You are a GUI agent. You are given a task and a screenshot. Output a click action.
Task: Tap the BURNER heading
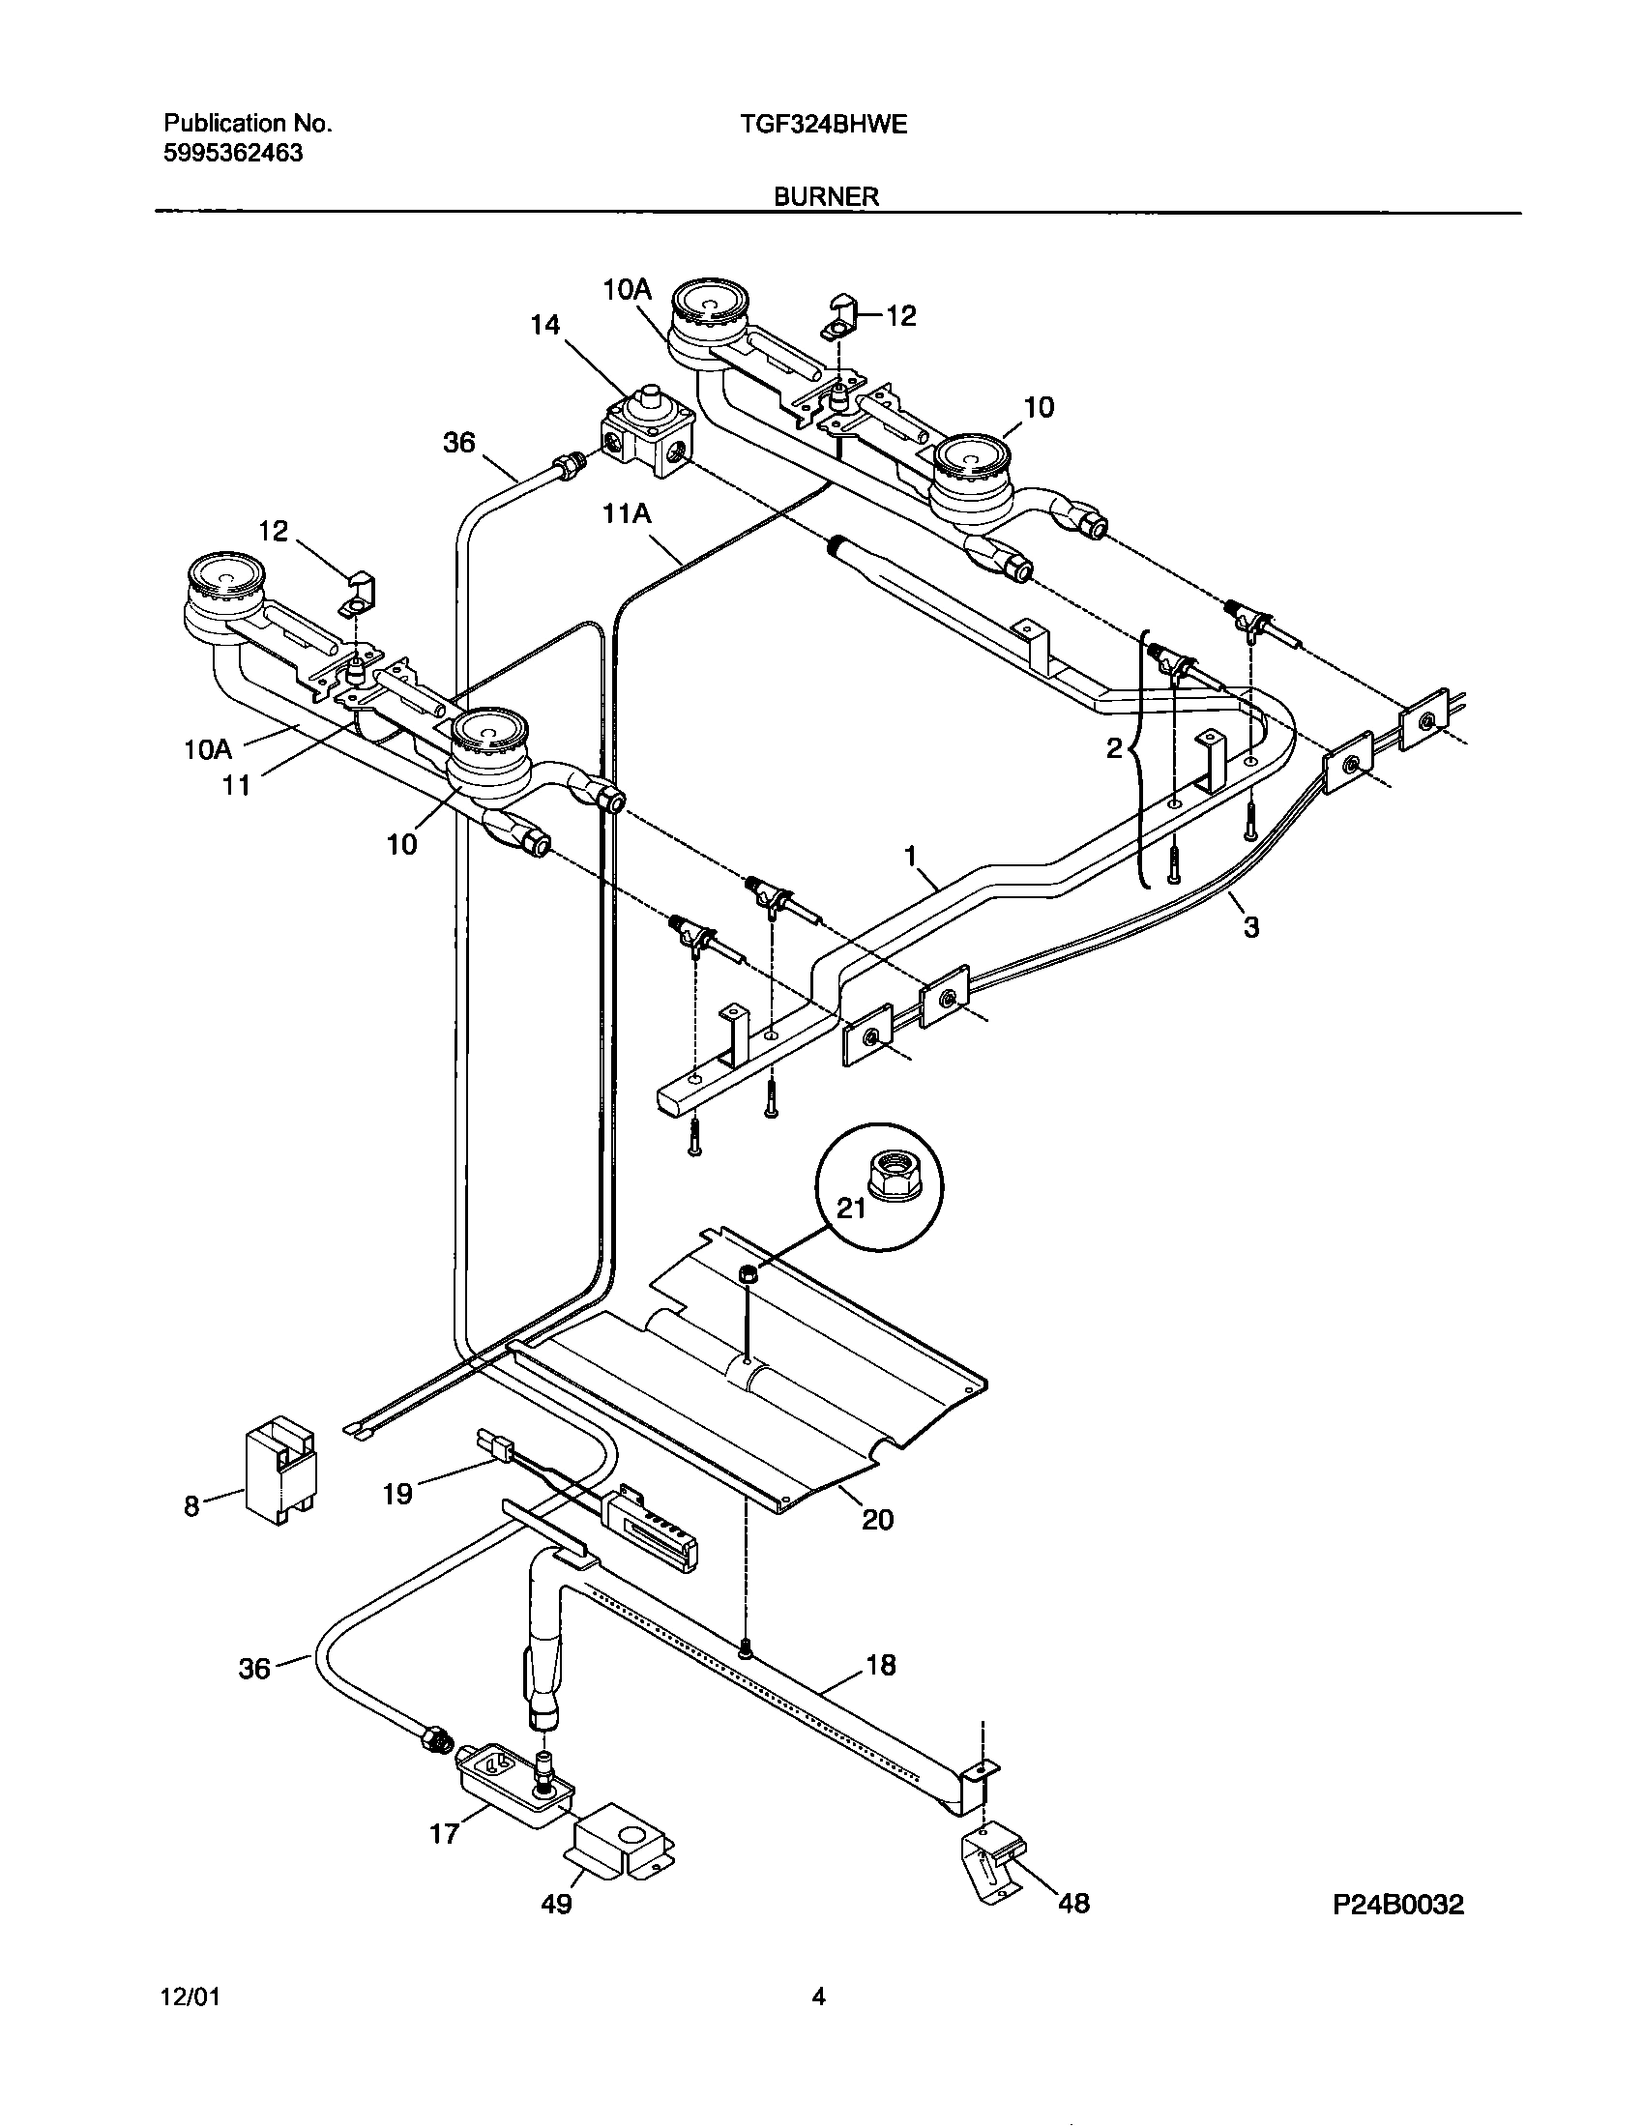point(826,196)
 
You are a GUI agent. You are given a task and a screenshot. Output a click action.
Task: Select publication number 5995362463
point(233,153)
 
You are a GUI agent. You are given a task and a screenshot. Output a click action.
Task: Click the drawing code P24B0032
point(1397,1904)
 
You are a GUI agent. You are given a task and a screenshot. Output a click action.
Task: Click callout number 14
point(545,324)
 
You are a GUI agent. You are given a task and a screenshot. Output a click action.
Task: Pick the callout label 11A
point(627,513)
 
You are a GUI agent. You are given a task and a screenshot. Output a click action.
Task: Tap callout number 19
point(397,1493)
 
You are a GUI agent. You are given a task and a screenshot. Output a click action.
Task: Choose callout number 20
point(877,1519)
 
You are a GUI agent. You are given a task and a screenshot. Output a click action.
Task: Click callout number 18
point(880,1666)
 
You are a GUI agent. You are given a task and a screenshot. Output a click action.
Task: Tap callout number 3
point(1251,927)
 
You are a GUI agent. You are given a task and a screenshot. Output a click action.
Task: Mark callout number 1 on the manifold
point(911,856)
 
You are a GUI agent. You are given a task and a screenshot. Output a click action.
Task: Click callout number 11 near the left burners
point(237,784)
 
